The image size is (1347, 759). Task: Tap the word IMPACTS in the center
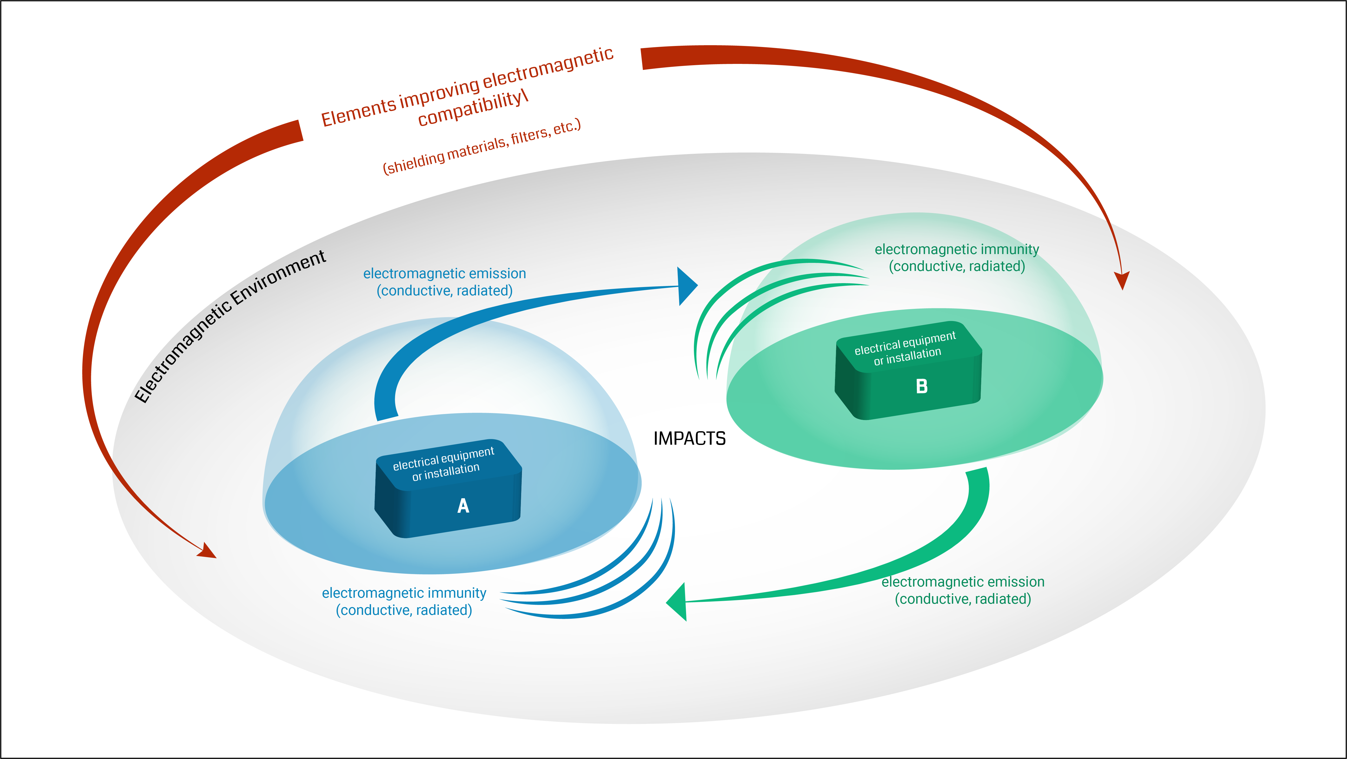(x=689, y=438)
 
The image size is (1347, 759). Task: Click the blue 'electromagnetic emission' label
(x=444, y=273)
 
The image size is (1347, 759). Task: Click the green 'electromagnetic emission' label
(x=963, y=582)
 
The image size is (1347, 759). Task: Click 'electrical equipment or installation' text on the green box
(x=906, y=348)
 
